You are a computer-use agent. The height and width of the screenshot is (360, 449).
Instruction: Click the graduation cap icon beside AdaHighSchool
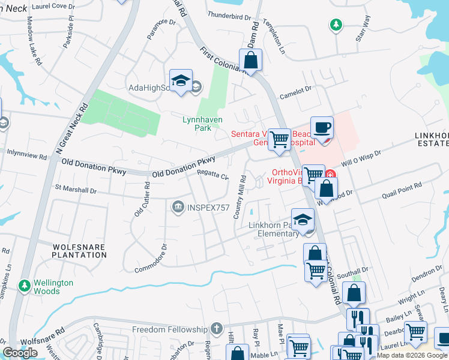point(181,81)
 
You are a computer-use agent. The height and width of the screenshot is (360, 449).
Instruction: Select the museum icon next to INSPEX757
point(178,207)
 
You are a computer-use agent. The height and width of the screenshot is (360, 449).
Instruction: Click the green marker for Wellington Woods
point(25,284)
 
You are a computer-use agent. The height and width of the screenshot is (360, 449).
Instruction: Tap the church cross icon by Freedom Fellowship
point(217,329)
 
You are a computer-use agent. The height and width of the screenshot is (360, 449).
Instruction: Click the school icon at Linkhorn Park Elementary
point(303,219)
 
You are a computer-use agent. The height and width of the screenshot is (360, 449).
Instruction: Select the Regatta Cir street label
point(213,175)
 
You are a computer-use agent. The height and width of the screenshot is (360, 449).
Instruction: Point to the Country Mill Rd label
point(239,196)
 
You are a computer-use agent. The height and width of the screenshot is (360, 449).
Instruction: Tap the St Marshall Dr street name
point(76,190)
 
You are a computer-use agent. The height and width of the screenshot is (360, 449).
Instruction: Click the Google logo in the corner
point(20,353)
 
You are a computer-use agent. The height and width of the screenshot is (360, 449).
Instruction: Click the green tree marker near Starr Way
point(336,25)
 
